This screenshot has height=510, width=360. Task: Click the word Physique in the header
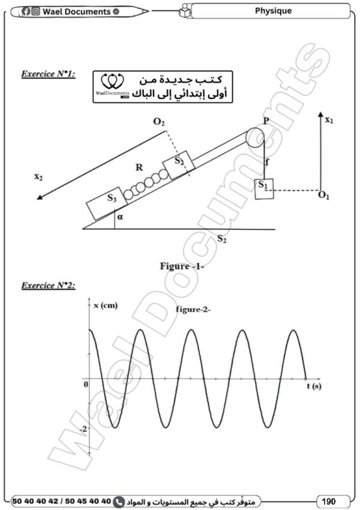273,11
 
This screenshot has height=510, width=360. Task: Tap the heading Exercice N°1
48,75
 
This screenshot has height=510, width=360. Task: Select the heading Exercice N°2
48,286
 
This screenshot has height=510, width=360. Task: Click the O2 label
158,123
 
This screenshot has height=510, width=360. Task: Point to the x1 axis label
329,120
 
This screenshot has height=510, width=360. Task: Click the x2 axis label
38,177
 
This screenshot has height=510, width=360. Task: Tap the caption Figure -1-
182,266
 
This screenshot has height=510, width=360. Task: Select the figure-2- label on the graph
191,309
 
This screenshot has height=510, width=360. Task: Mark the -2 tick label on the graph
84,428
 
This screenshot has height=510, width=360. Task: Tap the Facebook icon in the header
26,11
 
